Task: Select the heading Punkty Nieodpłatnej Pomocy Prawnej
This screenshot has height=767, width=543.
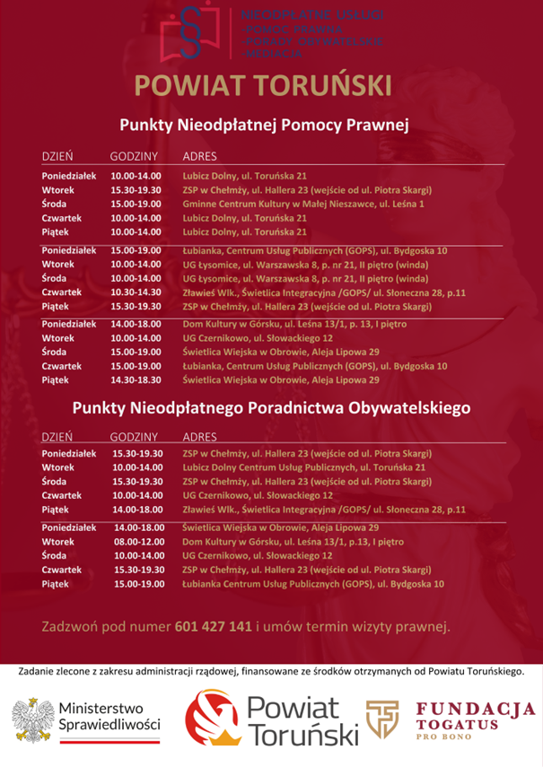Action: click(264, 126)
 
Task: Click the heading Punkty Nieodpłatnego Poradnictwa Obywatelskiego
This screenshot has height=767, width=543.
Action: click(271, 408)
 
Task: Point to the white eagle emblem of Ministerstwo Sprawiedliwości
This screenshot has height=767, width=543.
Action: click(31, 720)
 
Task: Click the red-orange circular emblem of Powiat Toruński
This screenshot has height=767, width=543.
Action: click(212, 721)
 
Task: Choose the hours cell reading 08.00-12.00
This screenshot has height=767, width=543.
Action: click(137, 542)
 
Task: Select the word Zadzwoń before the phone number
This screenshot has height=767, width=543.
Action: click(71, 625)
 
